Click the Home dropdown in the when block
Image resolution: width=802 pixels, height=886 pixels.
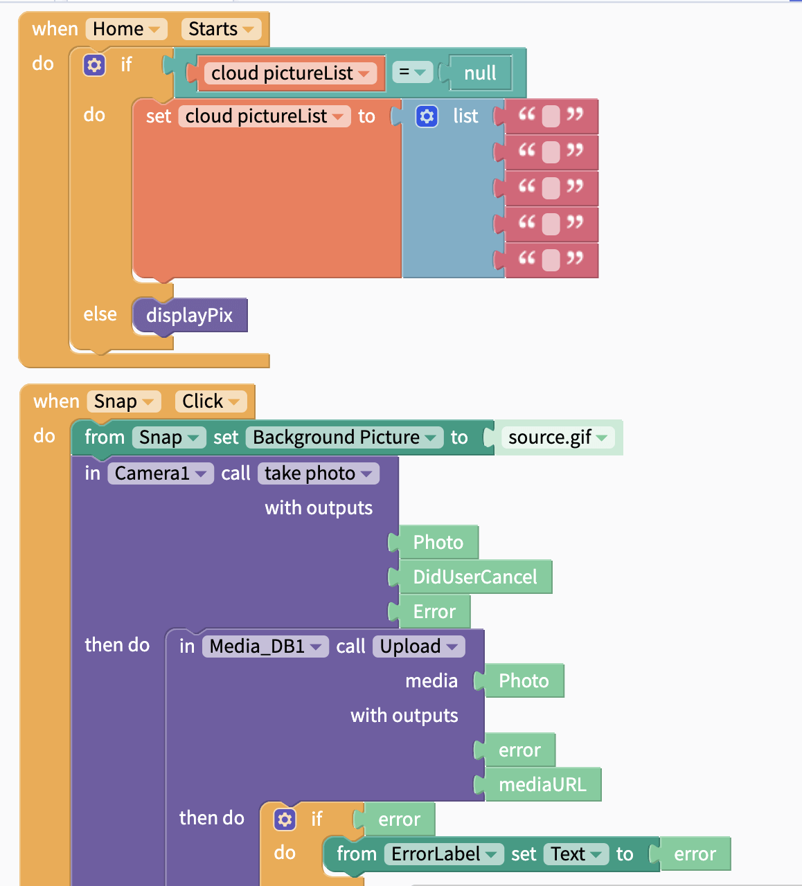coord(126,29)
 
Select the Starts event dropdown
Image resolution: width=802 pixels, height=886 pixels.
coord(221,29)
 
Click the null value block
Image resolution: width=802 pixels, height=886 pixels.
coord(480,73)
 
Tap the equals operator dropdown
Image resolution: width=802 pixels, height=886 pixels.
coord(412,73)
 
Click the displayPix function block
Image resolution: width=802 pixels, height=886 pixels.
coord(189,316)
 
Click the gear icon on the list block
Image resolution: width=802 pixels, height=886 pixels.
coord(427,116)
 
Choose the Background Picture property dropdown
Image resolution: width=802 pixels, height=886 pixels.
coord(344,437)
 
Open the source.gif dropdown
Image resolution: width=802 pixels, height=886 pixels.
coord(558,437)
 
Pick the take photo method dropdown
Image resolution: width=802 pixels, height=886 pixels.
coord(318,473)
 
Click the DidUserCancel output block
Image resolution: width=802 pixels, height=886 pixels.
coord(475,577)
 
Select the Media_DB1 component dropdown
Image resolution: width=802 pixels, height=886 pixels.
coord(265,647)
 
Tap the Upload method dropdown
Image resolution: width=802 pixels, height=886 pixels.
coord(418,647)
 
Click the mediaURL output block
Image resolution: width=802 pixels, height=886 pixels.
coord(542,785)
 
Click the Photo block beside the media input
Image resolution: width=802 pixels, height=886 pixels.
coord(524,681)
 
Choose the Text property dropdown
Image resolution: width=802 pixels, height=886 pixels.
coord(576,854)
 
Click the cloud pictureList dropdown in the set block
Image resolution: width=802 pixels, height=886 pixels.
coord(264,116)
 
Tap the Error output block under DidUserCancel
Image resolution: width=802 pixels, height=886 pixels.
coord(434,612)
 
